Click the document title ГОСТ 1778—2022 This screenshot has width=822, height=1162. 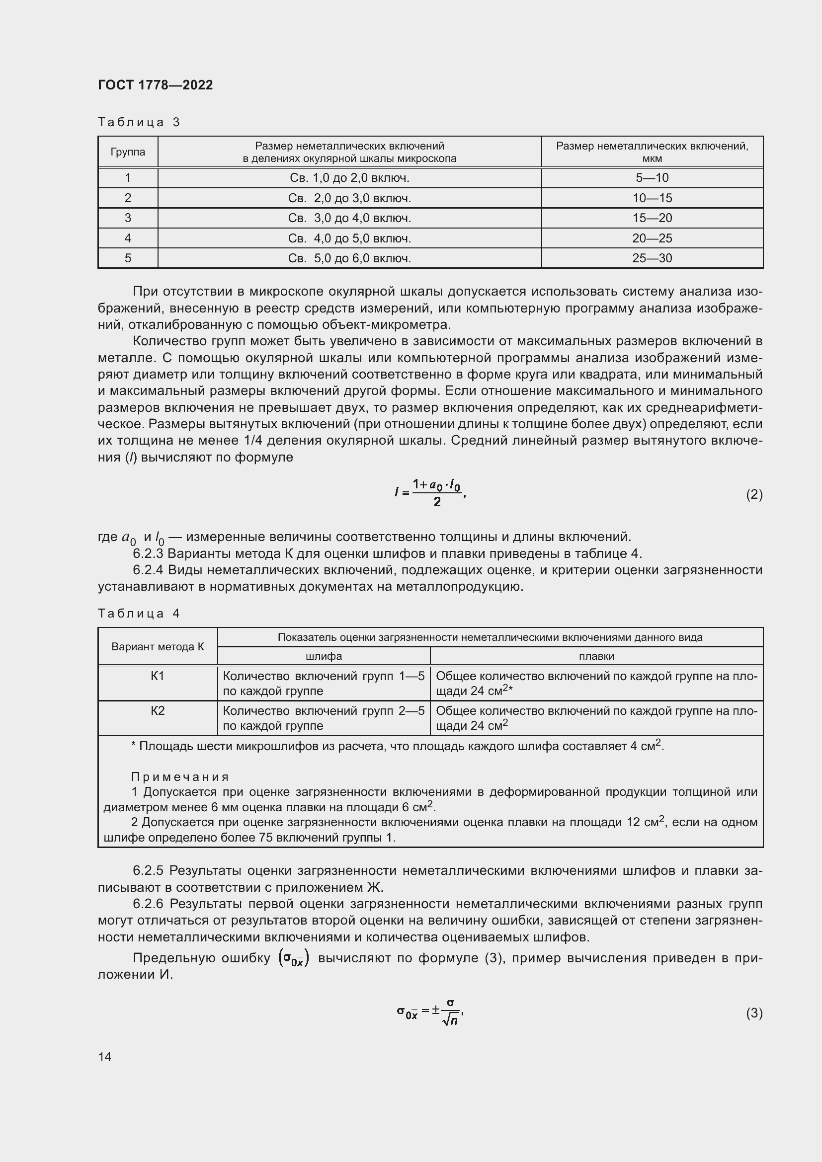(156, 85)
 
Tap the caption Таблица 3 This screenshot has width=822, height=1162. (139, 122)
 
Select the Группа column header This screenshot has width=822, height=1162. (128, 152)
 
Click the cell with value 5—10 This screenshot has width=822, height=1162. (652, 178)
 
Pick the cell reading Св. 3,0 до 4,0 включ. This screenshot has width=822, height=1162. (349, 218)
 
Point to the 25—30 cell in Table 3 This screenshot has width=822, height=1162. (652, 258)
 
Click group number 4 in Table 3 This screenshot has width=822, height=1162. (128, 238)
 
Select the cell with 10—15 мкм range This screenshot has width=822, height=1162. (652, 198)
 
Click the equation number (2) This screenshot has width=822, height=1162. (754, 494)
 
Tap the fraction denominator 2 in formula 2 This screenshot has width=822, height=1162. (437, 502)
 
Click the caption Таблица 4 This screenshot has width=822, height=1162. (139, 614)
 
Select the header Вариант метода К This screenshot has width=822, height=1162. (158, 646)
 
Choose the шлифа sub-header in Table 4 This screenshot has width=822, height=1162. (324, 656)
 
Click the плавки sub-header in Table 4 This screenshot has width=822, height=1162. (596, 656)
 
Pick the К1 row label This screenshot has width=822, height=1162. (158, 676)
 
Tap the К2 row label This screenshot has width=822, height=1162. (158, 711)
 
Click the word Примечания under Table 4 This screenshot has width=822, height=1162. (180, 777)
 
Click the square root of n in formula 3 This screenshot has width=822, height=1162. (450, 1020)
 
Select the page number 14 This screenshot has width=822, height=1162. (105, 1057)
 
